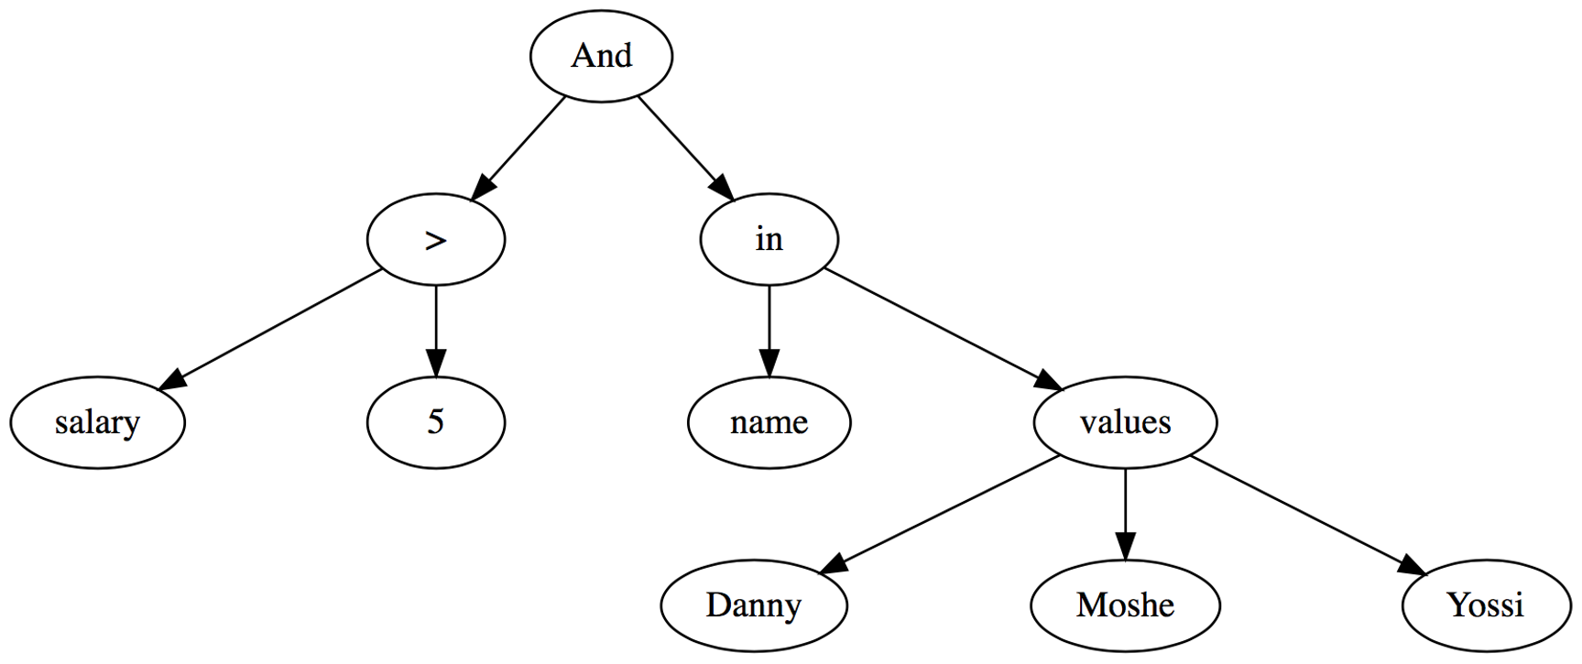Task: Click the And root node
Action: (x=601, y=56)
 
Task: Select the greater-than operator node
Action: (x=436, y=240)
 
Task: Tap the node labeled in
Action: (x=769, y=240)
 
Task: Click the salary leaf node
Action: (x=97, y=423)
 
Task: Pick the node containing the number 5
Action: (x=436, y=423)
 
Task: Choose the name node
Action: (x=769, y=423)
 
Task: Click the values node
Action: (x=1125, y=423)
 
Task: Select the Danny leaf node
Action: (x=754, y=605)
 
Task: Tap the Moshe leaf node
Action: (x=1125, y=605)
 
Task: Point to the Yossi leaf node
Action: (x=1485, y=605)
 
